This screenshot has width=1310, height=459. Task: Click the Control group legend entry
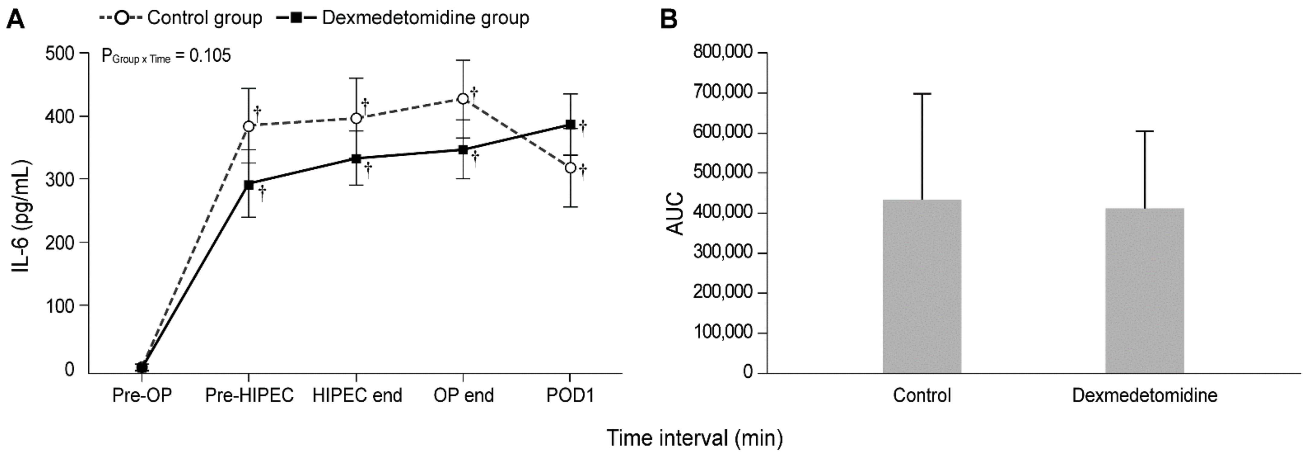click(x=180, y=18)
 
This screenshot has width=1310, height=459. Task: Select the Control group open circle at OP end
click(x=463, y=99)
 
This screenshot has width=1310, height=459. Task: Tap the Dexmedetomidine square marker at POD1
click(x=571, y=125)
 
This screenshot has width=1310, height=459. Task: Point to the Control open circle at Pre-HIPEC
click(x=249, y=126)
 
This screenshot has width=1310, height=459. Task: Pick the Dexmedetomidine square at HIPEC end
click(x=356, y=159)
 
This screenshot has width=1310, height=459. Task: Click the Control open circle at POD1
click(x=571, y=168)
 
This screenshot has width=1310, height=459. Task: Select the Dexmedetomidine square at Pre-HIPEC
click(x=249, y=185)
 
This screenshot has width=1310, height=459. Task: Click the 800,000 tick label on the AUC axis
click(x=722, y=52)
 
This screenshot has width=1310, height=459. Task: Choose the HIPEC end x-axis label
click(x=357, y=396)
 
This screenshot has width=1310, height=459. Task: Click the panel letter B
click(x=668, y=19)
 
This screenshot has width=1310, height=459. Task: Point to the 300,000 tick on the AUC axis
click(x=722, y=252)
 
